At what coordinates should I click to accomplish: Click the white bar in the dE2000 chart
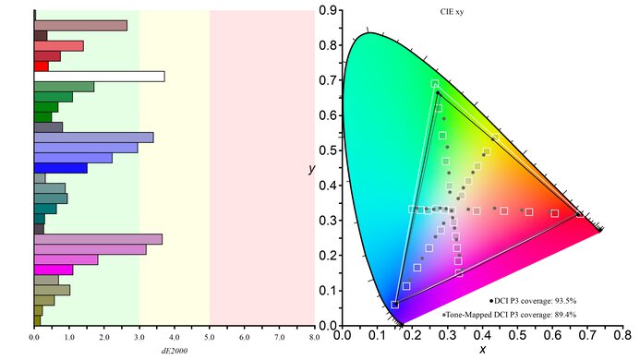[99, 77]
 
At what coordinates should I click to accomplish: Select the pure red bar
[41, 66]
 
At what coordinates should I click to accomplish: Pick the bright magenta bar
[54, 270]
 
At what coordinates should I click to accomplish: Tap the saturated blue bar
[60, 168]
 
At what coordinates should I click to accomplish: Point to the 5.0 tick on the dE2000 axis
[210, 339]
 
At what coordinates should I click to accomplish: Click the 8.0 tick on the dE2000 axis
[315, 339]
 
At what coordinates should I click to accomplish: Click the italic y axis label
[313, 169]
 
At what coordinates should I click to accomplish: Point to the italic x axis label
[482, 349]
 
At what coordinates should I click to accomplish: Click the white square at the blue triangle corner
[395, 303]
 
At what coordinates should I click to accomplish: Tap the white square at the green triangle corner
[435, 85]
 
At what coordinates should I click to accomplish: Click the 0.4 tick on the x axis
[484, 338]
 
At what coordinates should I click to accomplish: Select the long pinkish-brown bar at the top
[80, 25]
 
